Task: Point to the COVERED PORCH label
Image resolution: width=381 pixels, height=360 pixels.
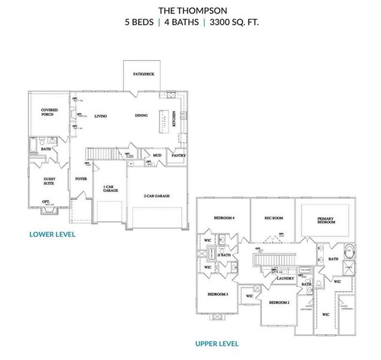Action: click(49, 112)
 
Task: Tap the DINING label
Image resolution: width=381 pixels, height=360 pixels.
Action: click(141, 116)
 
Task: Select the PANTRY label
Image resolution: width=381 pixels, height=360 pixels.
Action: click(179, 155)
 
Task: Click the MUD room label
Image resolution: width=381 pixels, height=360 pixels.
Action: click(157, 155)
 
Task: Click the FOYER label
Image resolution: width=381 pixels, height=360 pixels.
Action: click(81, 179)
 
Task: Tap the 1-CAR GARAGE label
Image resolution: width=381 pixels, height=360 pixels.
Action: click(109, 188)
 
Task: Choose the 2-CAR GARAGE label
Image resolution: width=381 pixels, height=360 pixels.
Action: click(157, 196)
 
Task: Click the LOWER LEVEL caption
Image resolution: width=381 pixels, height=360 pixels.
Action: click(52, 234)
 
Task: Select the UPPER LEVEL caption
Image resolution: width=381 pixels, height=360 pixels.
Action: click(217, 344)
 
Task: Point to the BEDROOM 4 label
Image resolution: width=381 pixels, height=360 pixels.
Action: click(223, 217)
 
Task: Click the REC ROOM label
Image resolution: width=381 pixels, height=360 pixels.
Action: click(274, 218)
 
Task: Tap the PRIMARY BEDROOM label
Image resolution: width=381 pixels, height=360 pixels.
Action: click(326, 220)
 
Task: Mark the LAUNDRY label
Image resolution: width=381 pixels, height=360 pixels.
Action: click(285, 278)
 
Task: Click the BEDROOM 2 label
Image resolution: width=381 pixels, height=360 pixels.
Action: click(279, 302)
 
